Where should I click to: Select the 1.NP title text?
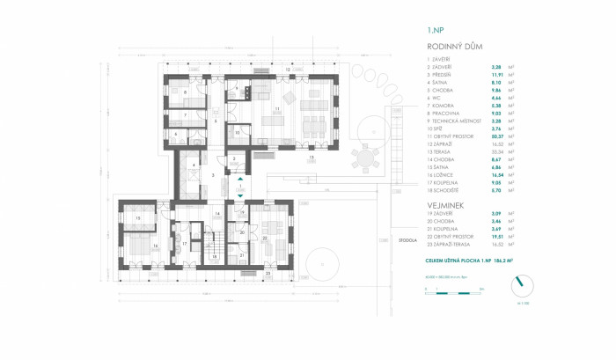[435, 29]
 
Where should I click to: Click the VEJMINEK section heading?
[446, 205]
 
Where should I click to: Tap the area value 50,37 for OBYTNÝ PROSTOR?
[495, 136]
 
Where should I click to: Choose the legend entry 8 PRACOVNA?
[450, 113]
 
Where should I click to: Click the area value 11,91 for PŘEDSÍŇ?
[495, 74]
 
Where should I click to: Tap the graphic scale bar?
[454, 289]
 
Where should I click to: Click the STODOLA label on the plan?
[381, 239]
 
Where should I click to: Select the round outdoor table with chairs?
[363, 159]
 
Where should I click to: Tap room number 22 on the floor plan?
[265, 238]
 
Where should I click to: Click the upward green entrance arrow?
[240, 180]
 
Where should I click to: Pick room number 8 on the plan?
[184, 92]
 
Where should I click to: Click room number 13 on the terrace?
[311, 157]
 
